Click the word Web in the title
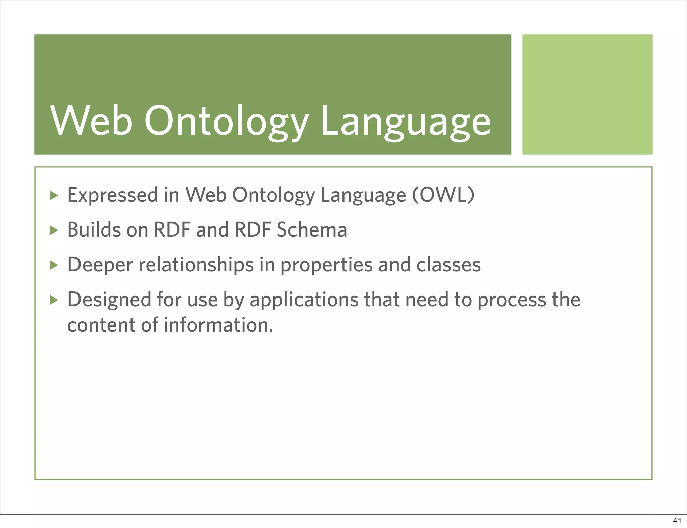click(91, 121)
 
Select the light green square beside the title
click(587, 94)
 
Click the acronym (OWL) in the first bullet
click(443, 195)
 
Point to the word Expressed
click(113, 195)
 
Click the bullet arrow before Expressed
click(54, 195)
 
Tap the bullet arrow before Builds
click(54, 230)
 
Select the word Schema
click(312, 230)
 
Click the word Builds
click(94, 230)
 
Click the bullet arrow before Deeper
click(54, 265)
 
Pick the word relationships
click(196, 265)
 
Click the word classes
click(448, 265)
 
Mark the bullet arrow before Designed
click(54, 300)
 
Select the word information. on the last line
click(218, 325)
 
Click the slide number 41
click(677, 521)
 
